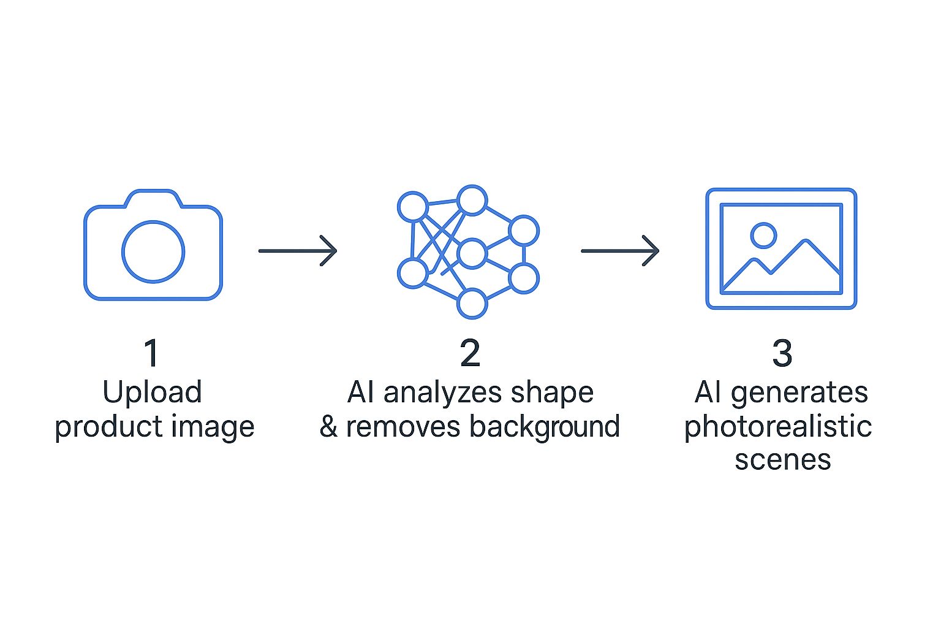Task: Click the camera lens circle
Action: [153, 251]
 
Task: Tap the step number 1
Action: [151, 354]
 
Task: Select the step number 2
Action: [470, 354]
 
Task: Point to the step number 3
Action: [782, 354]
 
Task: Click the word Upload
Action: [152, 393]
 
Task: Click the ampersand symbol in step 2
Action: [328, 427]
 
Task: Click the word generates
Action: [799, 393]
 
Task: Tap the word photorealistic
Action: [778, 427]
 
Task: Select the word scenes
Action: [782, 460]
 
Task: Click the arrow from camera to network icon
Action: [298, 251]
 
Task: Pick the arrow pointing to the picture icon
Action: [620, 251]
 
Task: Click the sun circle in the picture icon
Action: [763, 235]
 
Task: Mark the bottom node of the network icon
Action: [472, 304]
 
